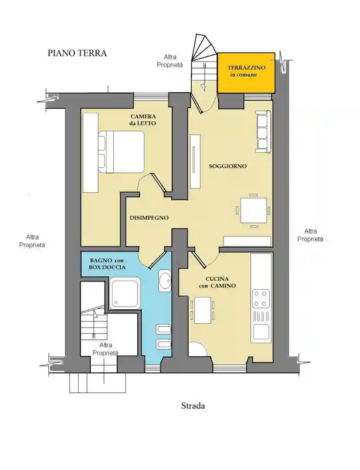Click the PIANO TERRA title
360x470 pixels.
pyautogui.click(x=77, y=53)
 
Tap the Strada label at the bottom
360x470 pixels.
pyautogui.click(x=193, y=406)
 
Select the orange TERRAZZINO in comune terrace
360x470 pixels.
pyautogui.click(x=246, y=73)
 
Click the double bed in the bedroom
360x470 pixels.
pyautogui.click(x=121, y=152)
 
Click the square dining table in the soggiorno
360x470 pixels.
pyautogui.click(x=254, y=210)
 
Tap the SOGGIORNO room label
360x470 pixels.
pyautogui.click(x=228, y=166)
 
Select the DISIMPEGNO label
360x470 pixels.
pyautogui.click(x=149, y=218)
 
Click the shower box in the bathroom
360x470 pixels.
pyautogui.click(x=125, y=293)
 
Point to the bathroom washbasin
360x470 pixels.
pyautogui.click(x=165, y=281)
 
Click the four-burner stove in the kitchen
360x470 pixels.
pyautogui.click(x=260, y=299)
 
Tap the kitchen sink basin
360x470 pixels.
pyautogui.click(x=261, y=332)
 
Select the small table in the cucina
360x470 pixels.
pyautogui.click(x=203, y=310)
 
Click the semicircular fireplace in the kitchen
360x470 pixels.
pyautogui.click(x=198, y=350)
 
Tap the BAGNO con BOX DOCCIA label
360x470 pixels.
pyautogui.click(x=107, y=264)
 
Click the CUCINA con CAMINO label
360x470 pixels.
pyautogui.click(x=217, y=282)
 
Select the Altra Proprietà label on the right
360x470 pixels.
pyautogui.click(x=310, y=235)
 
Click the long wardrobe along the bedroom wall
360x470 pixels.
pyautogui.click(x=90, y=153)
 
